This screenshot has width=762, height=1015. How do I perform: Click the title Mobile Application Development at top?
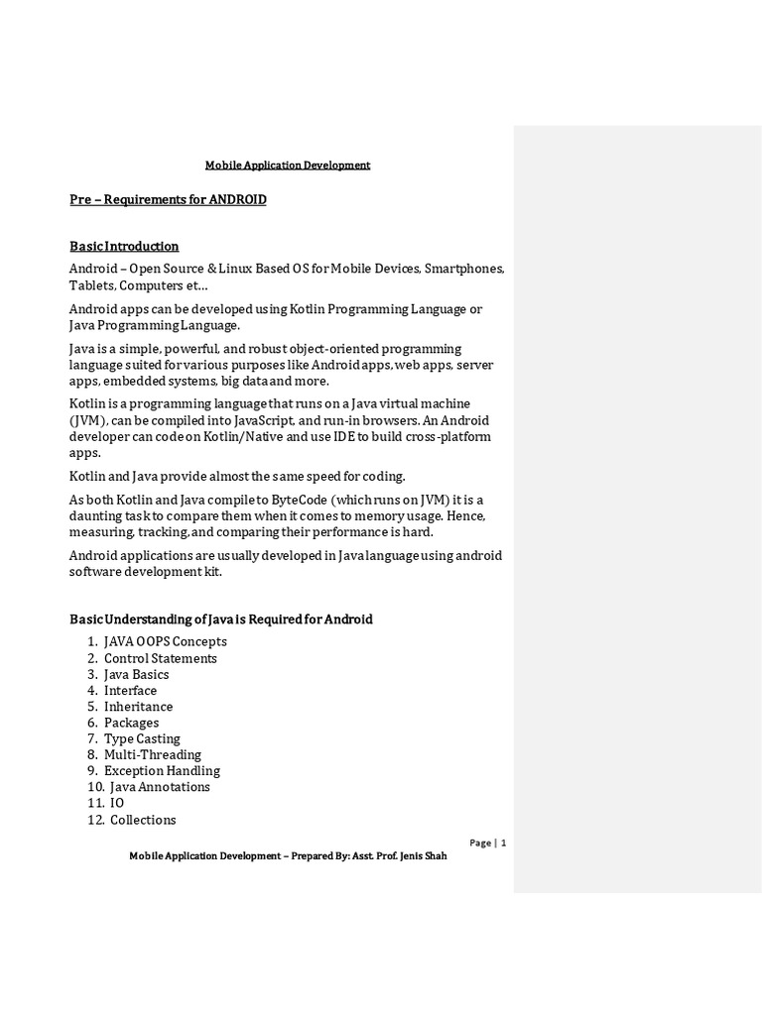click(287, 166)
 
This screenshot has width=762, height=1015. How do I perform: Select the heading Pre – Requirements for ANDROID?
click(168, 200)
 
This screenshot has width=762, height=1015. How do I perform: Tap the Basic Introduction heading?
click(124, 246)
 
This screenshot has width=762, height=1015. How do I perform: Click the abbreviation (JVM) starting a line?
click(85, 421)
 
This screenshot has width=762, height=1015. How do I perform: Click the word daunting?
click(93, 517)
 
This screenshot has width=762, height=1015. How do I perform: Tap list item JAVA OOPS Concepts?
click(165, 642)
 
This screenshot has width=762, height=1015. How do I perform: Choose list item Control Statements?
click(160, 658)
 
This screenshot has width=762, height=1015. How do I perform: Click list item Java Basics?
click(136, 674)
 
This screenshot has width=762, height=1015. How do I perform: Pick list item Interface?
click(130, 691)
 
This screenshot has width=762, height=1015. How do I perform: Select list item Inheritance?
click(138, 707)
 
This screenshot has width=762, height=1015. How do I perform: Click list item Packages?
click(131, 723)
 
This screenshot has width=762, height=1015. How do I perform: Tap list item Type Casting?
click(142, 738)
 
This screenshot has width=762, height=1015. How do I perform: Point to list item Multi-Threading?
click(152, 754)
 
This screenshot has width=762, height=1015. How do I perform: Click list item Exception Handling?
click(162, 771)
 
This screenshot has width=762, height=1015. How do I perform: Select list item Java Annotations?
click(160, 787)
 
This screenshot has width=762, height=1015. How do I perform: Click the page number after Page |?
click(504, 843)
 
